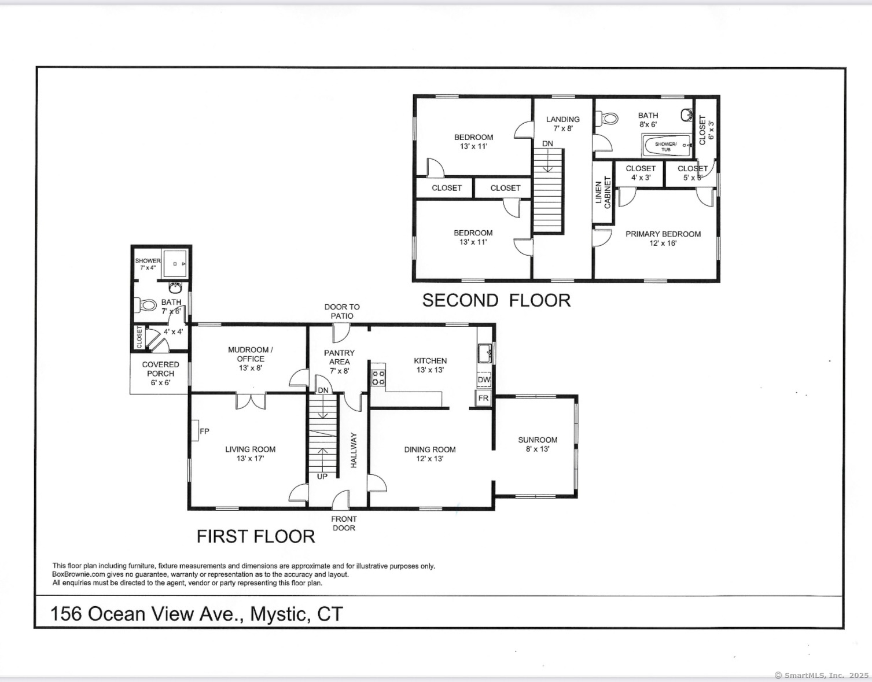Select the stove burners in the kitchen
378,378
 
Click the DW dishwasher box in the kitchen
484,379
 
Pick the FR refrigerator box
484,398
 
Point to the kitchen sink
485,353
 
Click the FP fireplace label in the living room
204,432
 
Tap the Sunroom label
538,440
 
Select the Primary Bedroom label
663,234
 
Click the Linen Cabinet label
603,193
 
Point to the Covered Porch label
160,369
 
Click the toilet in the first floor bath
145,305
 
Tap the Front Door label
344,523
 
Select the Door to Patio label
342,311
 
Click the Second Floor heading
496,300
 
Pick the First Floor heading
256,536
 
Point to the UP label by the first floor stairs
322,477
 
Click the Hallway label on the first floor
354,449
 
